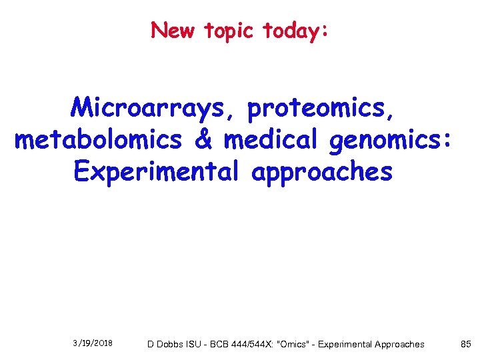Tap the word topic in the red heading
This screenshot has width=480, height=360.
230,31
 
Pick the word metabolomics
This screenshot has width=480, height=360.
98,140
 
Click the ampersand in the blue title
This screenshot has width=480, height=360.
203,139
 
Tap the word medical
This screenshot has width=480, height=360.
270,139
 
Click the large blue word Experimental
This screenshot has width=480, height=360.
156,172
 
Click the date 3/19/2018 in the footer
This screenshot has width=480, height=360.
93,343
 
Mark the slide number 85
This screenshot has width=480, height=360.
465,344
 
